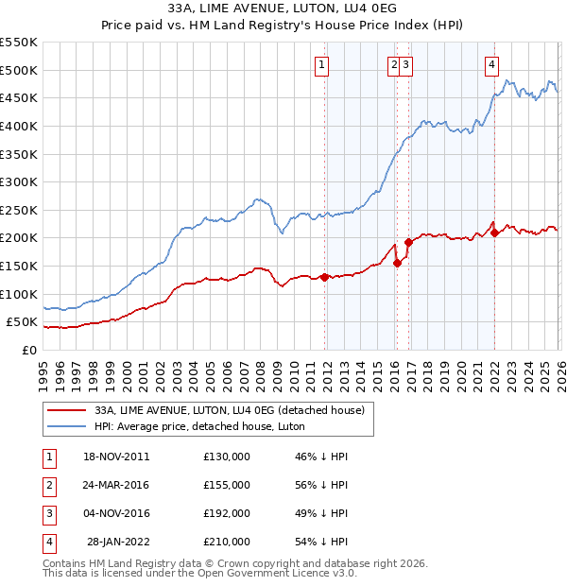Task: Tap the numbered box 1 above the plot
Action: click(322, 65)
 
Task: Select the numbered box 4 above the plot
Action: click(492, 65)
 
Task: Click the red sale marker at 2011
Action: click(324, 277)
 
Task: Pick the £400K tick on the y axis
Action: click(18, 126)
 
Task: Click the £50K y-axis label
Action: click(21, 322)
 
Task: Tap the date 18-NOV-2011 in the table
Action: click(117, 457)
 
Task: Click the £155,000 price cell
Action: click(226, 485)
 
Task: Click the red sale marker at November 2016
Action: click(408, 242)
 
